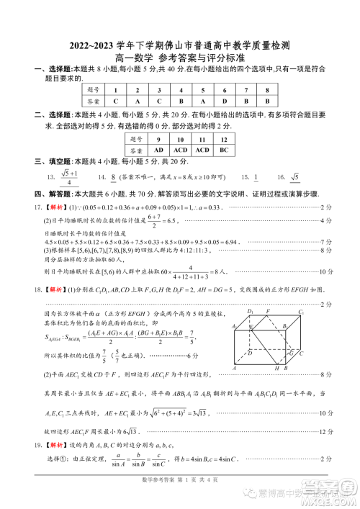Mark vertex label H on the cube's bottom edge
[x=276, y=368]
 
